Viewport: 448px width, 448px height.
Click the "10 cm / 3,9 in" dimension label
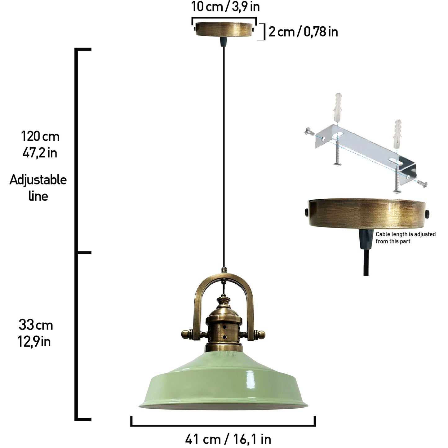tap(225, 7)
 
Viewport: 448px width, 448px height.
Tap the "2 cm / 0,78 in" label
tap(303, 32)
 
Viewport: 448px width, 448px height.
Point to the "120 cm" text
tap(40, 136)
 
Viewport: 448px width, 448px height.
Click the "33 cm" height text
tap(36, 325)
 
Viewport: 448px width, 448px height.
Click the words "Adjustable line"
tap(38, 188)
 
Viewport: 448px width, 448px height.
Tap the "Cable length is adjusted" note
tap(406, 234)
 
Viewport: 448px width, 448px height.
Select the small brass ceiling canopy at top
tap(224, 29)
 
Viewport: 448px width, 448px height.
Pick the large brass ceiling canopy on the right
tap(367, 213)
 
